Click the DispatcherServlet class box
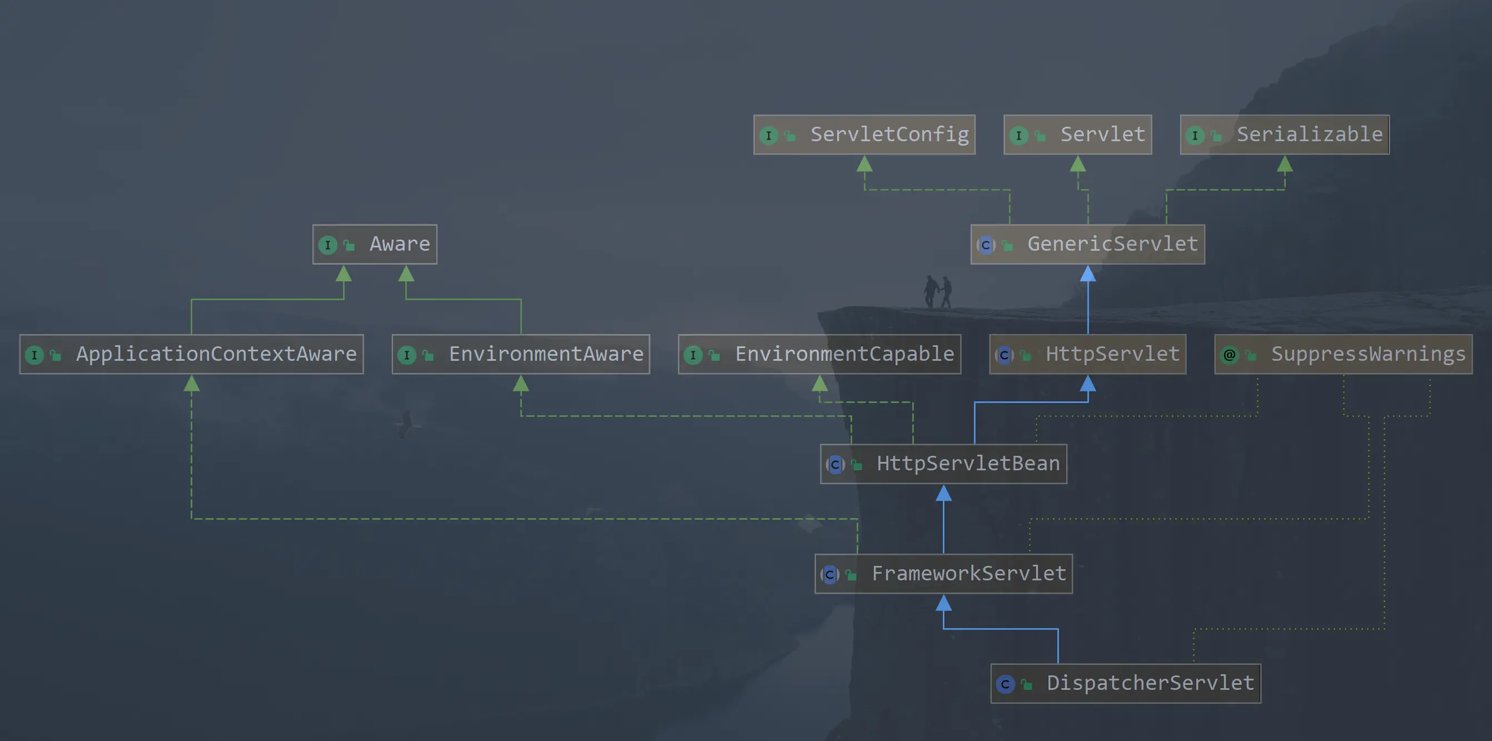click(x=1125, y=684)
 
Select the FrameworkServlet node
click(x=943, y=574)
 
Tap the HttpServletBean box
click(x=943, y=464)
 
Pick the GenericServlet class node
click(x=1088, y=245)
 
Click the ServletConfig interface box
click(x=864, y=135)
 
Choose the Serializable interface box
click(x=1284, y=135)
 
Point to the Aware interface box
click(x=375, y=245)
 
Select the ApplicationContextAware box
click(x=192, y=354)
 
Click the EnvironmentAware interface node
click(x=521, y=354)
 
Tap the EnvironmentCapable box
click(x=819, y=354)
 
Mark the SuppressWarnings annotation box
click(x=1343, y=354)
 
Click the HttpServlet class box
click(x=1088, y=354)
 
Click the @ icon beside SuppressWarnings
click(x=1230, y=355)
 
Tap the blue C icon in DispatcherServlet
click(x=1005, y=684)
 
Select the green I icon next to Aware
click(x=328, y=245)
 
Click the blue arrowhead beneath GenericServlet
click(x=1088, y=273)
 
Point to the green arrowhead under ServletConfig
click(x=864, y=164)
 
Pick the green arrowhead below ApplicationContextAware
click(x=192, y=384)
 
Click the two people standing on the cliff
click(x=938, y=291)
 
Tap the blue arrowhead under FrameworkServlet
click(x=943, y=603)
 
